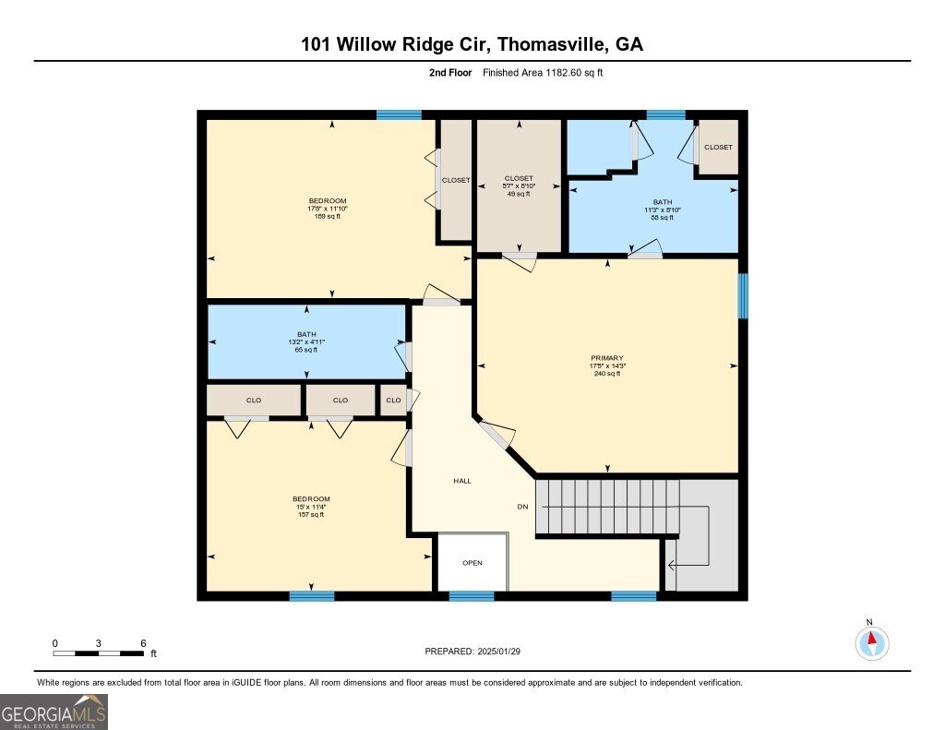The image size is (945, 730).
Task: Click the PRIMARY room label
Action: point(607,358)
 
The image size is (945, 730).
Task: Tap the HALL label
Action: point(462,481)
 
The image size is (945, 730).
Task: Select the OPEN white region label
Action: point(472,563)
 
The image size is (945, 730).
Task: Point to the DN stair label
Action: point(521,507)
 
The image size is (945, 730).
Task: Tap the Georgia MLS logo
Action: point(54,712)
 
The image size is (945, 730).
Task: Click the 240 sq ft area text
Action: point(607,374)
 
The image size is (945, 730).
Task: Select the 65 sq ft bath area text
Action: point(306,350)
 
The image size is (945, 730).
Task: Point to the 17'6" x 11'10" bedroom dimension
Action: point(328,209)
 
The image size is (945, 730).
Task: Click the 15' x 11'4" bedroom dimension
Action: point(311,507)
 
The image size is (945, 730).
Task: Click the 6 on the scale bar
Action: point(143,643)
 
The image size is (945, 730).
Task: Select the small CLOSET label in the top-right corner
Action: point(718,148)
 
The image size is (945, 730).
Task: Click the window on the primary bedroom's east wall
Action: point(743,296)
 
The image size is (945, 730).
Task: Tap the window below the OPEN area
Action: point(472,596)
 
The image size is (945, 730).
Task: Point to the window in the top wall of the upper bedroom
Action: point(399,114)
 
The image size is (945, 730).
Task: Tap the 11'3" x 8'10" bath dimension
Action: point(663,209)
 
